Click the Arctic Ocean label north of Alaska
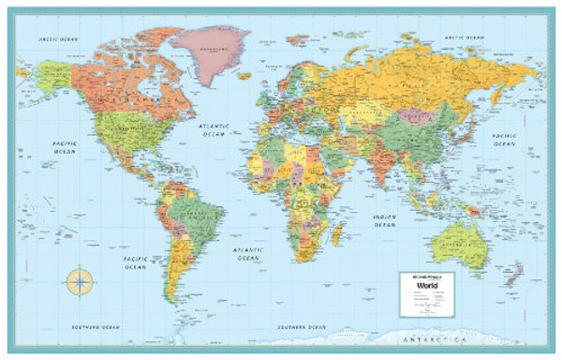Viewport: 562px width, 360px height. point(57,39)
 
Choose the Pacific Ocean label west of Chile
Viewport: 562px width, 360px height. point(135,262)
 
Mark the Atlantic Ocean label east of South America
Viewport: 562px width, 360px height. point(248,253)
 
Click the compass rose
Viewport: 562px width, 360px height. point(81,279)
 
